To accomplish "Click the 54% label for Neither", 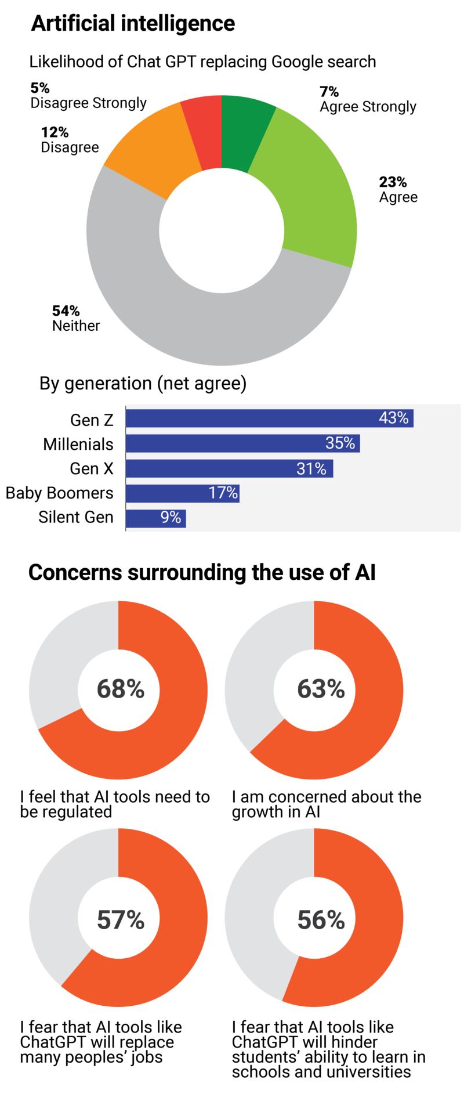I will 66,310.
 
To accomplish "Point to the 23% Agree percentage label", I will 393,182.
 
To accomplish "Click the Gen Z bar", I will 270,418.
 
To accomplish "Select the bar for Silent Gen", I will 155,518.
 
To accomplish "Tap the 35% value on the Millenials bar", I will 340,444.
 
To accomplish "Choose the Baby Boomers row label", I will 60,493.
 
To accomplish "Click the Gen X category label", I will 92,468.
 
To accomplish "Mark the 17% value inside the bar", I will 223,493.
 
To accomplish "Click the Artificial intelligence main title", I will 133,24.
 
